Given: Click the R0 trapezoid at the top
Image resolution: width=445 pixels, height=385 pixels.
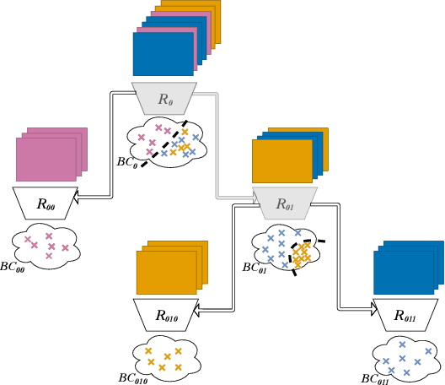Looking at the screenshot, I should click(x=164, y=98).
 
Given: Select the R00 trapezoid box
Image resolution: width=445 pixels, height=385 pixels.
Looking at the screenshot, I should click(x=45, y=202).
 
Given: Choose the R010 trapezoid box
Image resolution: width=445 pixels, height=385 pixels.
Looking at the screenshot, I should click(x=165, y=315).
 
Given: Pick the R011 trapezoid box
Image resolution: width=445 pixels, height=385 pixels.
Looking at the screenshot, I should click(x=405, y=316).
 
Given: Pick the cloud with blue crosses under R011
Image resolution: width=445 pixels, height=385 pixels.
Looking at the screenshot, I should click(x=406, y=357).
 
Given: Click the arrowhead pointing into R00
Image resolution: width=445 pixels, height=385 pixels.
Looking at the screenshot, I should click(x=75, y=196).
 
